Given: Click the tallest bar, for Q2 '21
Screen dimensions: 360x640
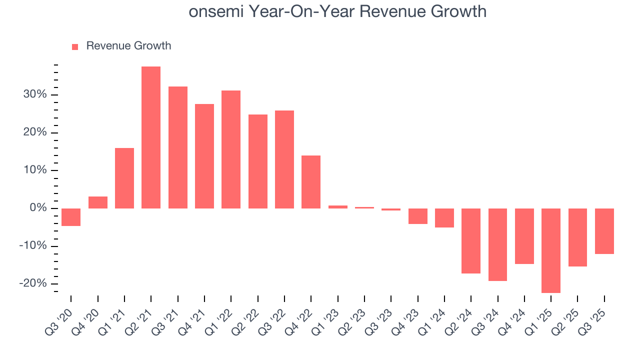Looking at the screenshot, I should pos(151,137).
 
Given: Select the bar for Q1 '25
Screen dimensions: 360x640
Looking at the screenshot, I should pos(551,250).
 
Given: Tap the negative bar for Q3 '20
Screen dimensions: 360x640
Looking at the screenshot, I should pos(71,217).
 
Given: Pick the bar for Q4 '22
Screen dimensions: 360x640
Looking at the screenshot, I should pos(311,182).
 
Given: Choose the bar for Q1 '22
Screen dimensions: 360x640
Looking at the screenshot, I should pos(231,149).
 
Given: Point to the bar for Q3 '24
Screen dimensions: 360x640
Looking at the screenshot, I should pos(497,244).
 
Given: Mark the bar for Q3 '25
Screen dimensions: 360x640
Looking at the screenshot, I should pos(604,231).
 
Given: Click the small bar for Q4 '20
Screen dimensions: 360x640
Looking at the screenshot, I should pos(98,202).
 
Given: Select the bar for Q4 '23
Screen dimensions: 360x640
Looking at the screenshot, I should pos(417,216).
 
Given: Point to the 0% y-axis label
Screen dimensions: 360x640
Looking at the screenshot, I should pos(38,208).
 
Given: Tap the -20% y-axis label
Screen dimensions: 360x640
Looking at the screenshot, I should pos(33,283).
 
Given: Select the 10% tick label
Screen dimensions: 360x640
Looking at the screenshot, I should pos(35,170).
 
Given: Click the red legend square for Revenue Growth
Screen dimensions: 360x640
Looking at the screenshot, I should pos(75,46).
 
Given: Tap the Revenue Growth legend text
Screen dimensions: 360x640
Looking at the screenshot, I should pos(128,46).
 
